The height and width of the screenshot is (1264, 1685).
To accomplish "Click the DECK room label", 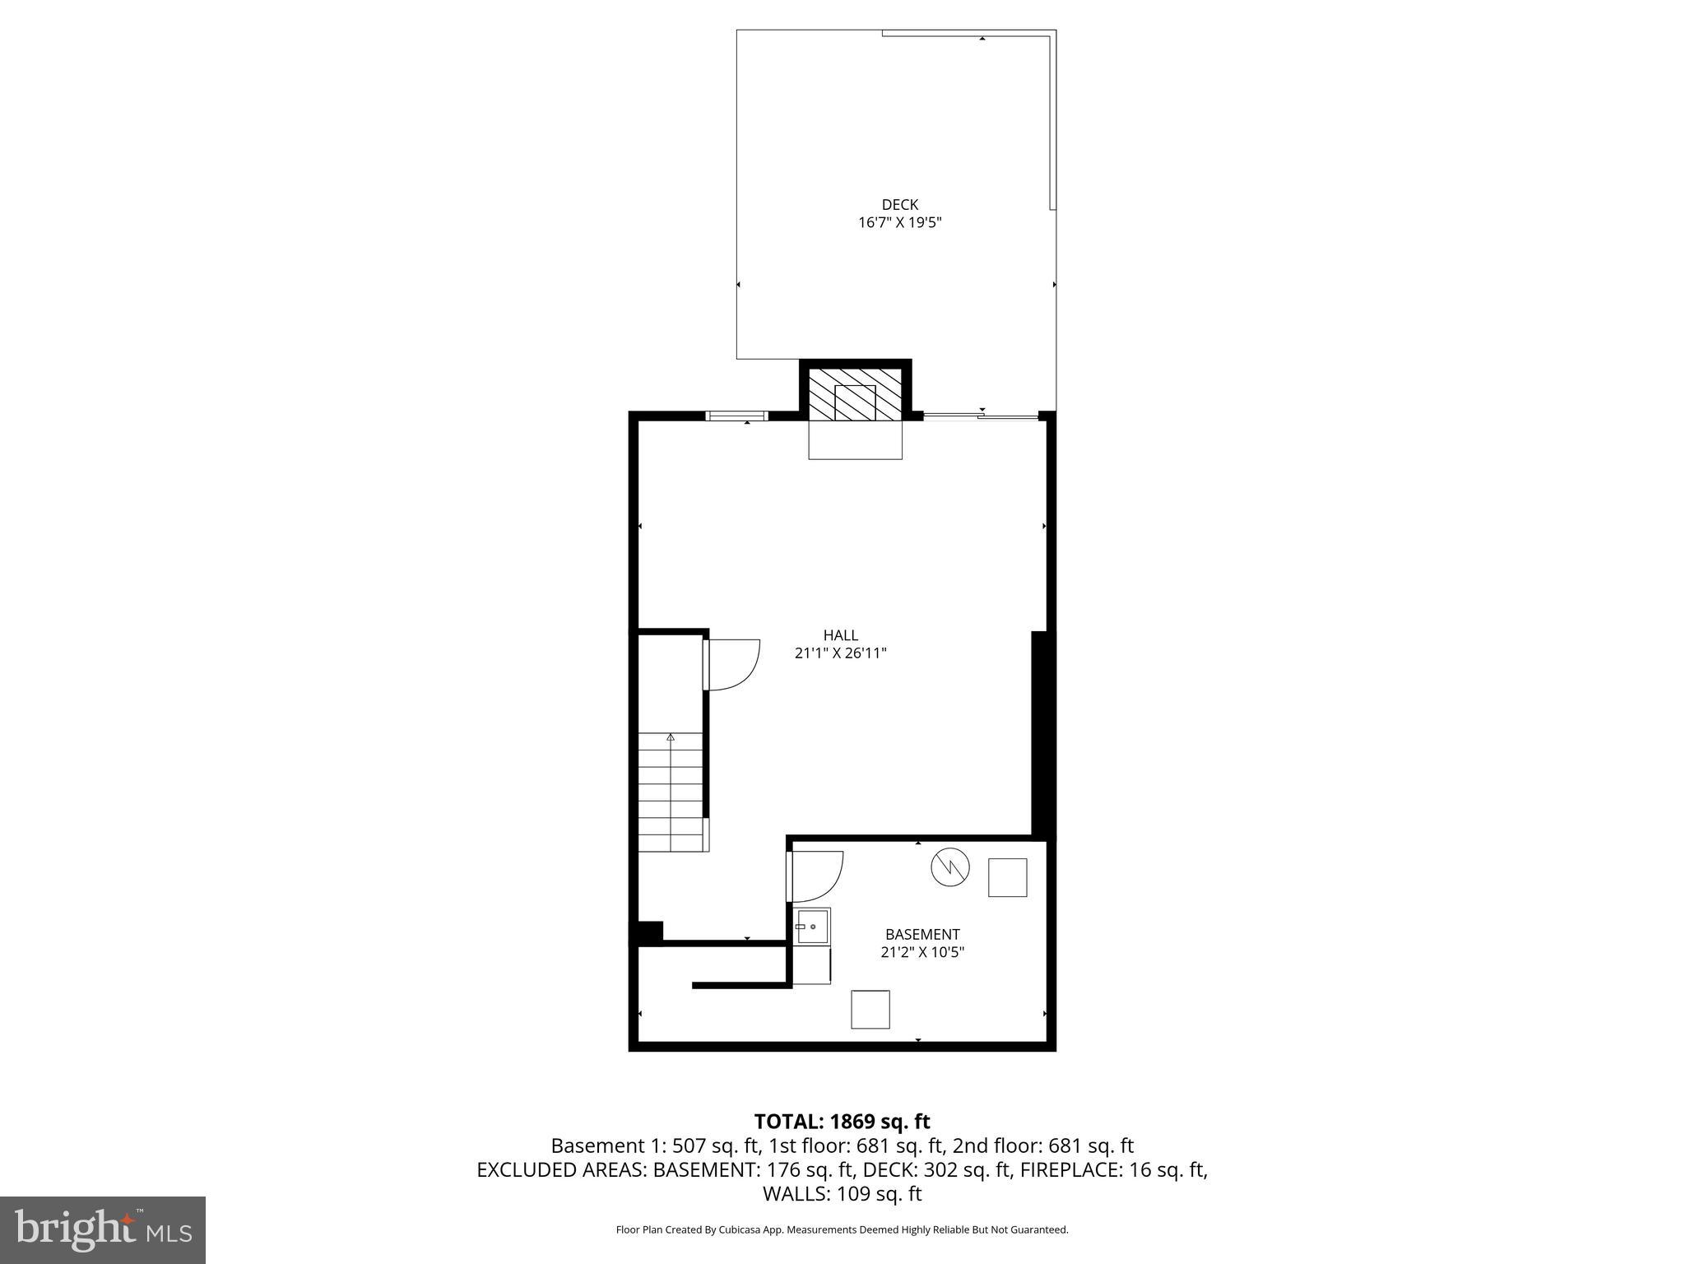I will pos(899,204).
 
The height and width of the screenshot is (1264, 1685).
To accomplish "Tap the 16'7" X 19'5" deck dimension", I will pos(899,222).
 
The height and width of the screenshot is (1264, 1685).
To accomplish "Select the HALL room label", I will pos(840,635).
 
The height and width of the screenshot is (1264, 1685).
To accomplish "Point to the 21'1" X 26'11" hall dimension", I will pos(840,653).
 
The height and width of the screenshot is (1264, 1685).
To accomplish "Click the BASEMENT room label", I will pos(921,934).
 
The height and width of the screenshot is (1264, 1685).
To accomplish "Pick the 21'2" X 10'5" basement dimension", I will pos(921,952).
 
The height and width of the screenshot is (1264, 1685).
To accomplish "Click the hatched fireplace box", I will pos(855,393).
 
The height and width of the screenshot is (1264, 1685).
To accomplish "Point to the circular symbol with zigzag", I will pos(950,867).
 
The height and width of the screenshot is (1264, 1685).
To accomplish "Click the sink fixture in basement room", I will pos(812,926).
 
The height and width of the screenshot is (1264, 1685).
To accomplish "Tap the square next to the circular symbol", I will pos(1007,877).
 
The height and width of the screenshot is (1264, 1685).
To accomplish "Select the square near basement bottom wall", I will pos(870,1009).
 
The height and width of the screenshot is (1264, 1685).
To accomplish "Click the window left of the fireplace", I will pos(737,416).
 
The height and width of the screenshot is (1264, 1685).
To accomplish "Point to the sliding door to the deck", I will pos(981,417).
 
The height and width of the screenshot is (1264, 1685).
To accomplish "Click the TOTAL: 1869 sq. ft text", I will pos(842,1122).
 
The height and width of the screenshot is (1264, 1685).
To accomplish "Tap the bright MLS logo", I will pos(103,1229).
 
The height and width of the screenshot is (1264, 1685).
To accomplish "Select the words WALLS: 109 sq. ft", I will pos(842,1194).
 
